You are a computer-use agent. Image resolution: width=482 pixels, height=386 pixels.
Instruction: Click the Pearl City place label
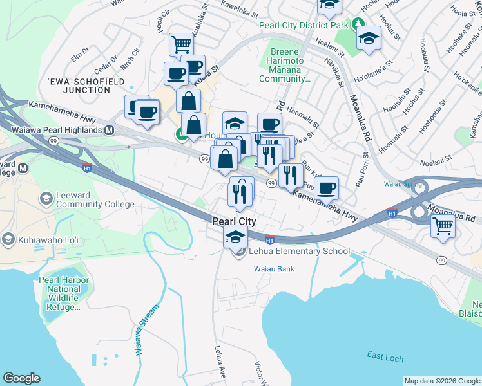[234, 221]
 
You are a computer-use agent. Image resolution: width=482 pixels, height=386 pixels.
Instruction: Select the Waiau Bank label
[274, 268]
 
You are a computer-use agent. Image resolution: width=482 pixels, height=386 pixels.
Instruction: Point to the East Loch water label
[385, 356]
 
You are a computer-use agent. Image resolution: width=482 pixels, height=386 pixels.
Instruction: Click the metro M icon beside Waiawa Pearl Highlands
[110, 131]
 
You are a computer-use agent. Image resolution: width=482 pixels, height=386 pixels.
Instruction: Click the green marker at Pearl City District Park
[359, 26]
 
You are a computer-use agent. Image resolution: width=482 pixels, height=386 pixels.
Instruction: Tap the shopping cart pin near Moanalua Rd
[443, 226]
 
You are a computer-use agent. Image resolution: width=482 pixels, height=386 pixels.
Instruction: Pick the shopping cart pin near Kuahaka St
[181, 44]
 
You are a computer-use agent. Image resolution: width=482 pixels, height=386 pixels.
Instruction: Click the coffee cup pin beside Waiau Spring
[327, 188]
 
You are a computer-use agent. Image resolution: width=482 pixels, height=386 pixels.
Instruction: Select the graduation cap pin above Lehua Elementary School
[235, 236]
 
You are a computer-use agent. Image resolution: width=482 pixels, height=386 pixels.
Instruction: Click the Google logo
[21, 378]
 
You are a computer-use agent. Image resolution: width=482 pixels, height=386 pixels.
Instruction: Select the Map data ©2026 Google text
[441, 381]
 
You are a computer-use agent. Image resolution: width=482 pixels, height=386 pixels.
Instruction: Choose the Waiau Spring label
[403, 184]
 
